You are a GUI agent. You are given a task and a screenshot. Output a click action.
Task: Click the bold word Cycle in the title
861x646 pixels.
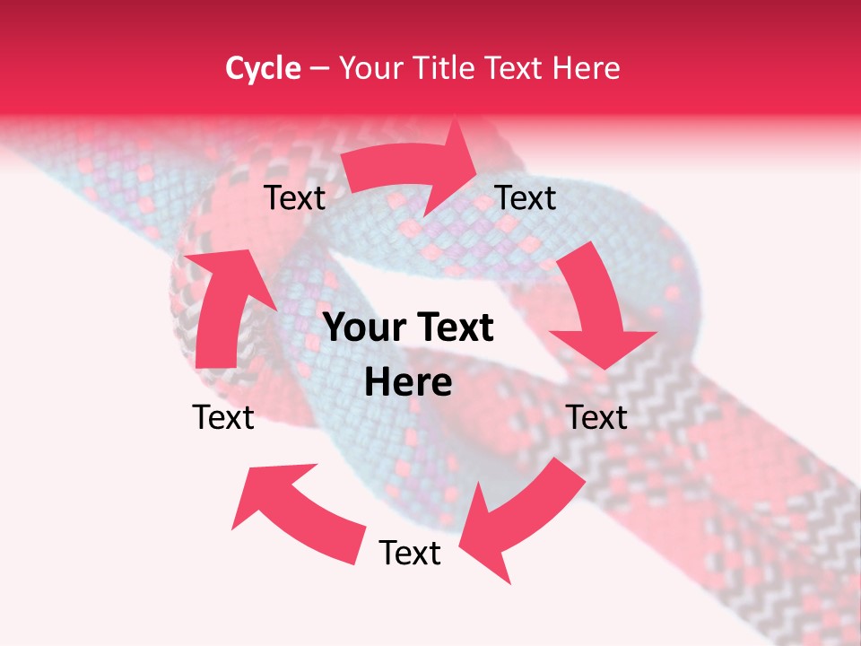[x=263, y=68]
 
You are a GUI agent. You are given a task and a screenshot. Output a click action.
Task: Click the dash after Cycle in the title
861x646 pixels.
[x=318, y=69]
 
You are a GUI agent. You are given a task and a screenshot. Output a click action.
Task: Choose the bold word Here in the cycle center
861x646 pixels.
[x=408, y=382]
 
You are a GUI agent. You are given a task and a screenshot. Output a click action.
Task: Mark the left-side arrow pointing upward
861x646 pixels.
[x=224, y=305]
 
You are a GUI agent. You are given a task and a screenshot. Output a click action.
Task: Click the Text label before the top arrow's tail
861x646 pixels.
[x=294, y=198]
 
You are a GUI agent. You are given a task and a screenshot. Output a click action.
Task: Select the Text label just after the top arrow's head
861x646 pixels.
[x=526, y=197]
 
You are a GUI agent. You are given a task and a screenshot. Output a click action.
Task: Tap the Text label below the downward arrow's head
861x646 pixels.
[x=596, y=417]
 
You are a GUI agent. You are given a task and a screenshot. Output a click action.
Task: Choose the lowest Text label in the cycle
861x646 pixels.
[x=410, y=553]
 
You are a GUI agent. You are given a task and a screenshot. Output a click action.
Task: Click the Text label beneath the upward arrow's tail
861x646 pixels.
[x=223, y=417]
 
